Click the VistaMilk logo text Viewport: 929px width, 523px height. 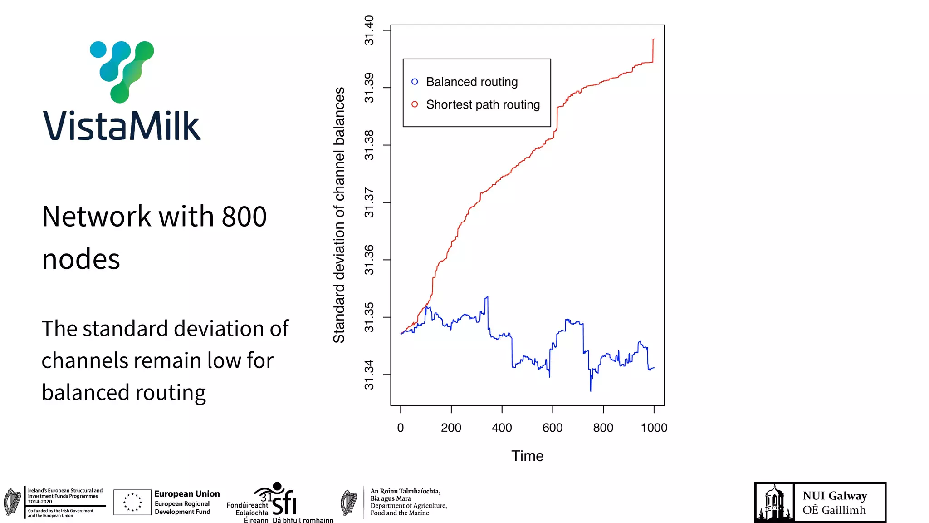point(122,126)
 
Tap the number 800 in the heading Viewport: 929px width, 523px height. point(244,217)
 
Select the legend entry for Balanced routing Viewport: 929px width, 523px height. point(471,82)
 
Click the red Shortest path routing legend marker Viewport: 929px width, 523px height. point(415,104)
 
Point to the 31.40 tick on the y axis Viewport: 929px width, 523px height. point(370,30)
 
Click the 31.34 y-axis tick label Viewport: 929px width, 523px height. point(370,375)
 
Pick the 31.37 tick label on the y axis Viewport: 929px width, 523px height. point(370,202)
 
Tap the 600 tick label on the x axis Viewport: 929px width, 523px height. point(553,428)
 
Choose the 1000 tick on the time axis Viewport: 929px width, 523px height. point(654,428)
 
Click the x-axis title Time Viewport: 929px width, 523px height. point(527,456)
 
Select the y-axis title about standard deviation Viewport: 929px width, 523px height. point(339,215)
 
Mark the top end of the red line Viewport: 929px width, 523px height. point(654,39)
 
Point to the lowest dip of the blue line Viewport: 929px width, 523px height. point(591,390)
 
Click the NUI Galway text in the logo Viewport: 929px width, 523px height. point(835,496)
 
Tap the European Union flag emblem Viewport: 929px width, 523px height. point(132,502)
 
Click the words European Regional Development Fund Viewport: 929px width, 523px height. point(182,508)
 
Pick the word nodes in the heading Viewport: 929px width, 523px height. point(81,259)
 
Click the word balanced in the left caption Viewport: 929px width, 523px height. point(85,393)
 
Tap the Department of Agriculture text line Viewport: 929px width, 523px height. point(408,506)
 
